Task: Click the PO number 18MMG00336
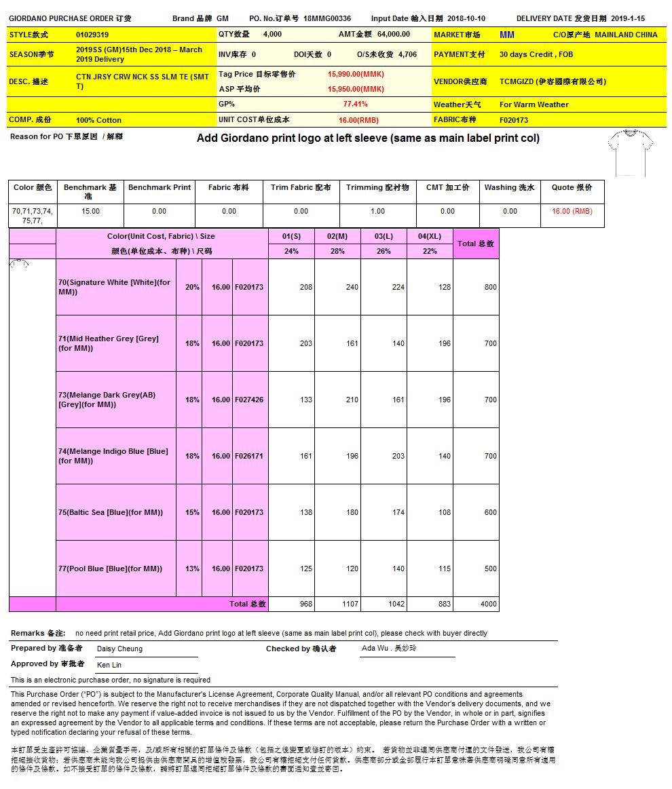[x=327, y=19]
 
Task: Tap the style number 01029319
[x=92, y=35]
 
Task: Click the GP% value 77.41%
[x=355, y=104]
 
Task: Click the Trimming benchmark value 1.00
[x=377, y=212]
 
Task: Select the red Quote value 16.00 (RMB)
[x=572, y=212]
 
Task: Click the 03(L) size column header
[x=384, y=236]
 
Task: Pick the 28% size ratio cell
[x=337, y=251]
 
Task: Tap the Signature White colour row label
[x=114, y=287]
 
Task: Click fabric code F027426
[x=249, y=400]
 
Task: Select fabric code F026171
[x=249, y=456]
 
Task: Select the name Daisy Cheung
[x=119, y=649]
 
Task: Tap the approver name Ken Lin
[x=109, y=665]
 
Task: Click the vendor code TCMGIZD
[x=516, y=81]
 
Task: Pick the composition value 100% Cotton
[x=98, y=120]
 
